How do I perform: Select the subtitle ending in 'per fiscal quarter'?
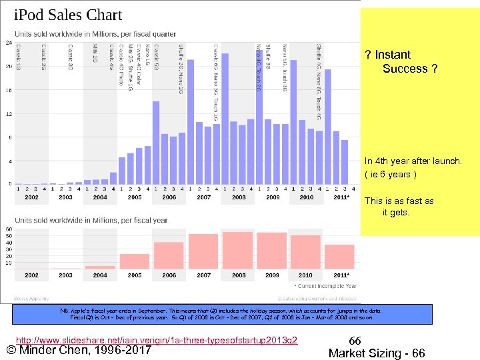coord(95,34)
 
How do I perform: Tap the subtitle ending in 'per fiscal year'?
coord(91,221)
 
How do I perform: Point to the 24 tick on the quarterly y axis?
coord(8,43)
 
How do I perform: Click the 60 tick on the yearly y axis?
coord(8,229)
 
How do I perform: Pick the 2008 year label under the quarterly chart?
coord(239,197)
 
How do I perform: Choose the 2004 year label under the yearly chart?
coord(100,275)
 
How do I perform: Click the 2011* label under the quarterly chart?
coord(341,197)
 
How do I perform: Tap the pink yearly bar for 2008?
coord(238,251)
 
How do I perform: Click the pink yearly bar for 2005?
coord(135,261)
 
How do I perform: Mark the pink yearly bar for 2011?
coord(339,257)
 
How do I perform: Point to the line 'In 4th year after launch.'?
coord(412,161)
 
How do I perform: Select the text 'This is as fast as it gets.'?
coord(399,207)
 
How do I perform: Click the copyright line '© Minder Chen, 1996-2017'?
coord(79,351)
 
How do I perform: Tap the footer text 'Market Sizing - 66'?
coord(377,353)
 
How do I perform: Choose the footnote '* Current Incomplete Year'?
coord(325,285)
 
